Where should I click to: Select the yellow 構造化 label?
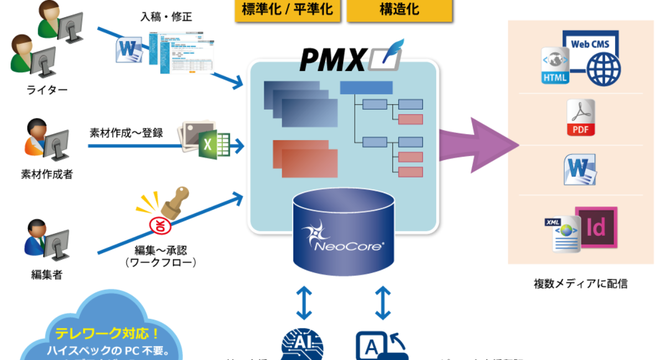399,10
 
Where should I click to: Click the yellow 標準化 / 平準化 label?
287,10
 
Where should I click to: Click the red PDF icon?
580,117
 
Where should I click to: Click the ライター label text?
47,89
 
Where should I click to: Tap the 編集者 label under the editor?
47,275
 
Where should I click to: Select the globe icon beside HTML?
603,69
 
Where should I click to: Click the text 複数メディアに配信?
580,284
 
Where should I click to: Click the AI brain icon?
302,346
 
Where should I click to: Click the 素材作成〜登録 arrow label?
126,133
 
